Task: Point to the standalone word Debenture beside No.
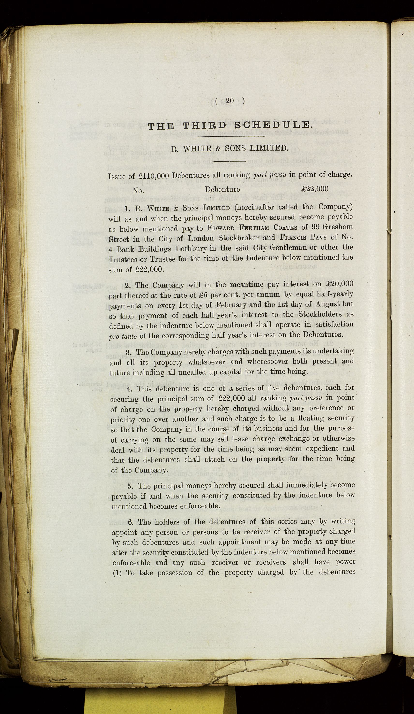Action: click(222, 189)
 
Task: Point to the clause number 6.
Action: click(131, 522)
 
